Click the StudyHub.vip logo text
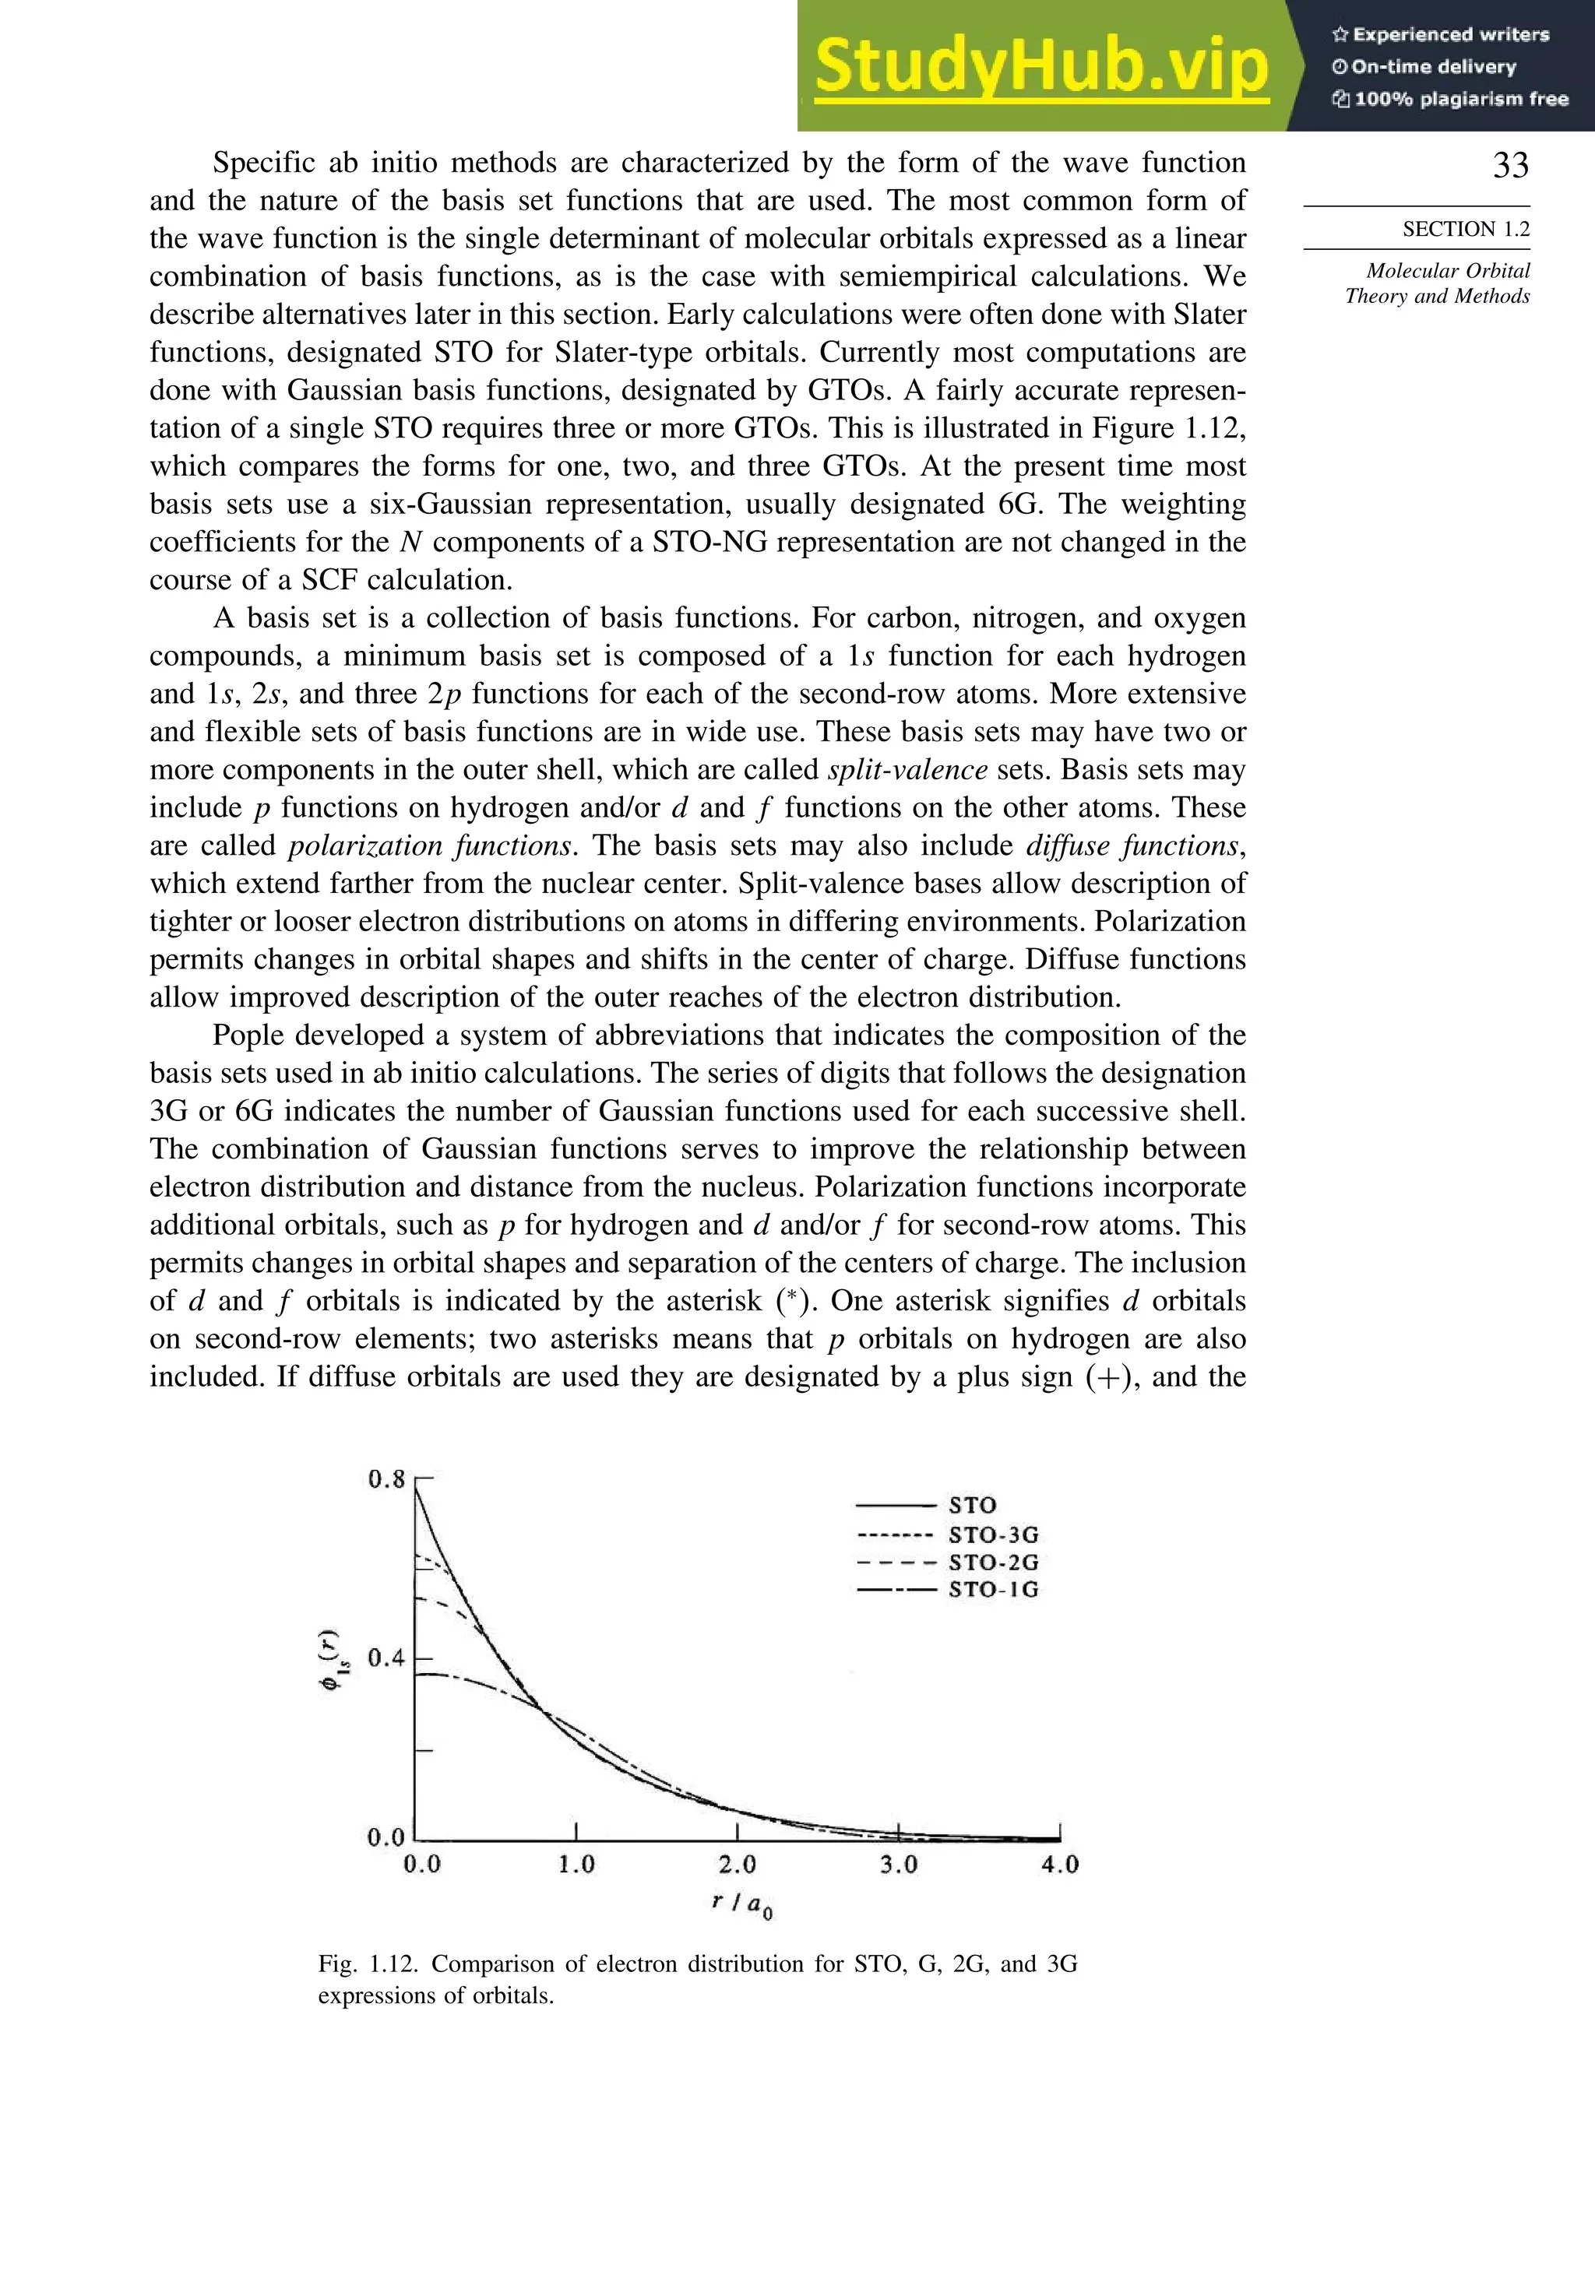1041,66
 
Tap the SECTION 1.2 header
1465,229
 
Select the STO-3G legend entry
992,1534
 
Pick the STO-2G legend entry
992,1562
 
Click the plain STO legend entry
972,1505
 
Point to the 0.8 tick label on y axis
386,1479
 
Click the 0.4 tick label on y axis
386,1658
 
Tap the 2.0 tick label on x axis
737,1865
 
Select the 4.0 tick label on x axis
1059,1865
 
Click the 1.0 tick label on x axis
576,1865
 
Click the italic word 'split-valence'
907,770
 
